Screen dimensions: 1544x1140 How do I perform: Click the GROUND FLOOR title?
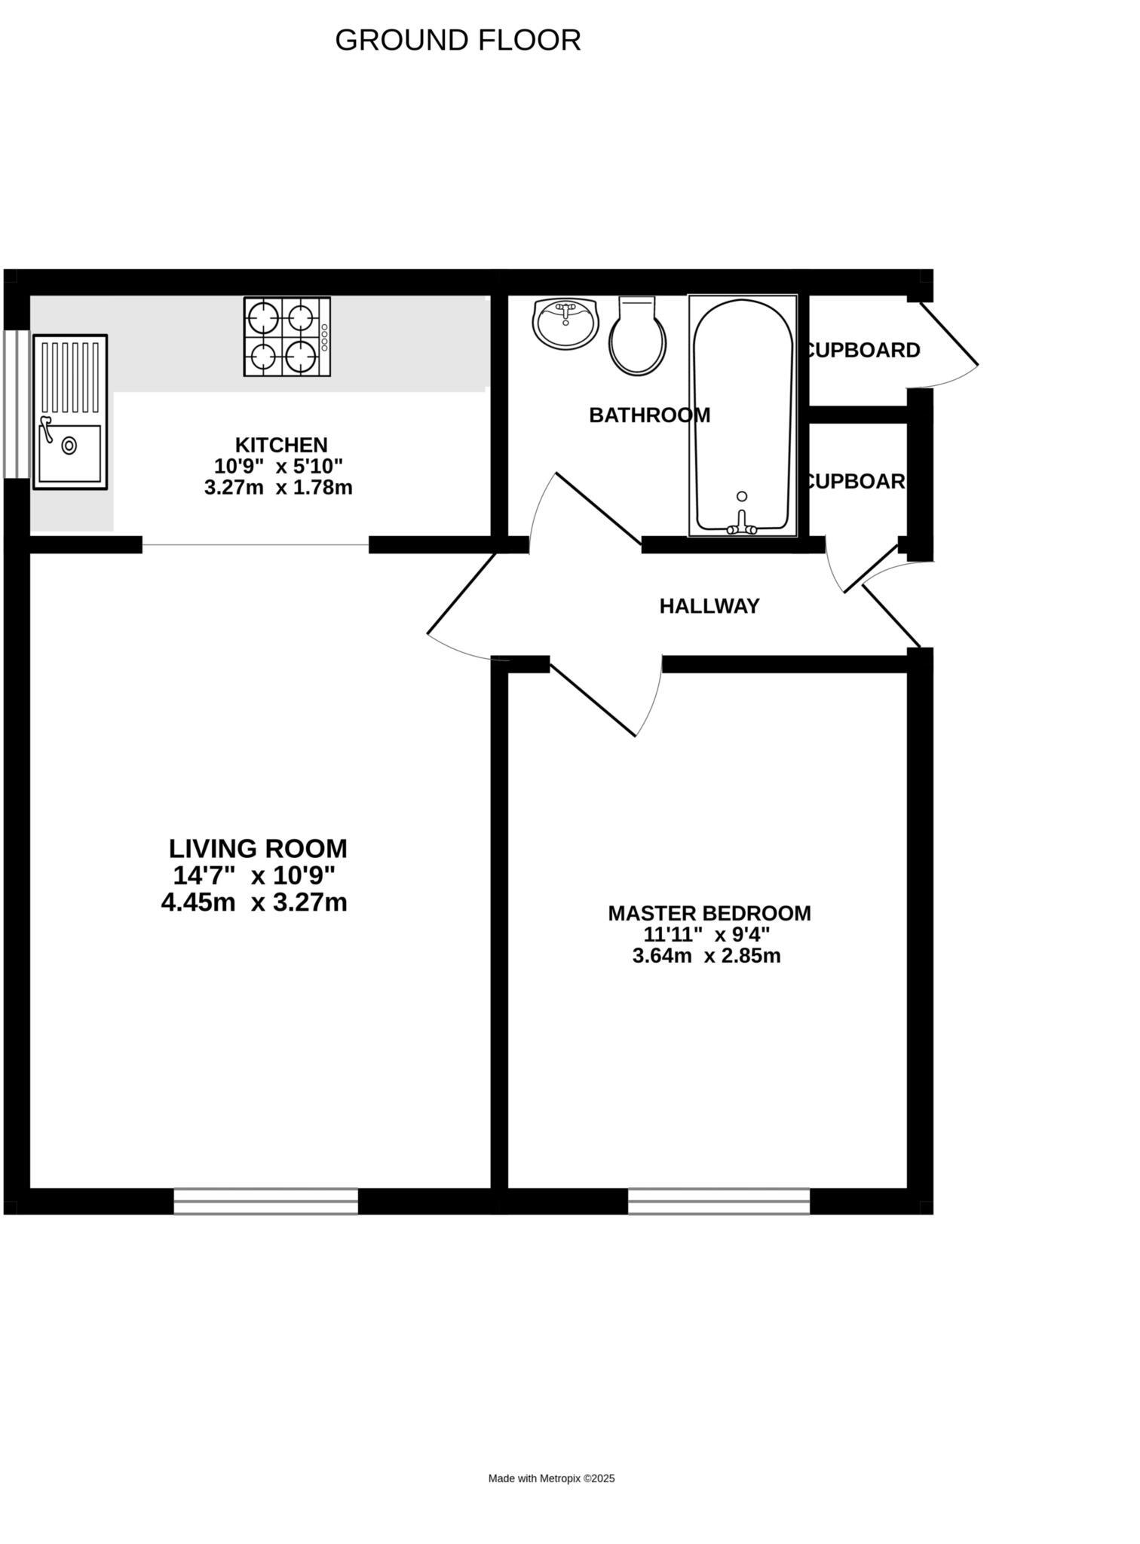pyautogui.click(x=458, y=41)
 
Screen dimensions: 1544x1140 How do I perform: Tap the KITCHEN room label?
pyautogui.click(x=281, y=445)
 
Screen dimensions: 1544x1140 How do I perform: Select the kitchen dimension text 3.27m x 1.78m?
pyautogui.click(x=278, y=488)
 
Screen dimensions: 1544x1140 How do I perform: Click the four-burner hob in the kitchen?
pyautogui.click(x=287, y=336)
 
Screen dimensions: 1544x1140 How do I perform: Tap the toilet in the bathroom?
pyautogui.click(x=637, y=338)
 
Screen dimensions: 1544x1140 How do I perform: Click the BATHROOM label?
pyautogui.click(x=649, y=415)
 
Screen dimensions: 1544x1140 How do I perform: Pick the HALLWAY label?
pyautogui.click(x=709, y=606)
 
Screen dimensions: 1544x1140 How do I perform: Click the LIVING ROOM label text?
pyautogui.click(x=258, y=849)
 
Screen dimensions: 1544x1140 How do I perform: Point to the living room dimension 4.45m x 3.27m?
pyautogui.click(x=254, y=902)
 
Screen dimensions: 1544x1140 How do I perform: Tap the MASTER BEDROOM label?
pyautogui.click(x=709, y=913)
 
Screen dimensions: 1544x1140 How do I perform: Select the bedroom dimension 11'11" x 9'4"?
pyautogui.click(x=706, y=935)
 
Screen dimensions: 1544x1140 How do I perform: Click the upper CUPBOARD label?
pyautogui.click(x=863, y=351)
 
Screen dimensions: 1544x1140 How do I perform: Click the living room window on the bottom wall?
pyautogui.click(x=265, y=1201)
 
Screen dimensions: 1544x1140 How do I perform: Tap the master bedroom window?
pyautogui.click(x=719, y=1201)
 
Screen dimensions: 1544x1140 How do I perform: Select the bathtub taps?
pyautogui.click(x=742, y=525)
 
